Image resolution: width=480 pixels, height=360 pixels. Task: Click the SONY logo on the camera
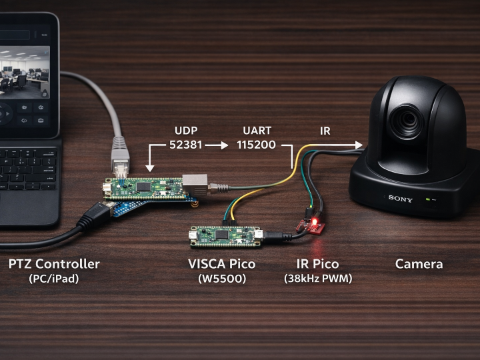(x=401, y=199)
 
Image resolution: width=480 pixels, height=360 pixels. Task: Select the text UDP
(x=187, y=131)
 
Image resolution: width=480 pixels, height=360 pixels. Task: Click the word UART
(x=256, y=131)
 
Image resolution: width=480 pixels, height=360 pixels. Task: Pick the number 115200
(x=256, y=145)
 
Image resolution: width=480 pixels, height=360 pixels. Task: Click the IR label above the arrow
(x=325, y=131)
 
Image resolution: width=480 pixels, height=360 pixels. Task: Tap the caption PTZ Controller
(x=54, y=264)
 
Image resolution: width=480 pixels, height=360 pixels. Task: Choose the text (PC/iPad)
(x=54, y=279)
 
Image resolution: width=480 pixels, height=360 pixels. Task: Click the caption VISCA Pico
(x=222, y=264)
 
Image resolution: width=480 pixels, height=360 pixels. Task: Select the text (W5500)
(x=222, y=279)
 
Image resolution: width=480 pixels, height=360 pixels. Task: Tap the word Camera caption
(x=419, y=264)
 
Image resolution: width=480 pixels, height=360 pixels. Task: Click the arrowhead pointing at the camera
(x=359, y=144)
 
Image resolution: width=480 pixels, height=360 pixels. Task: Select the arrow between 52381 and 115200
(x=217, y=145)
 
